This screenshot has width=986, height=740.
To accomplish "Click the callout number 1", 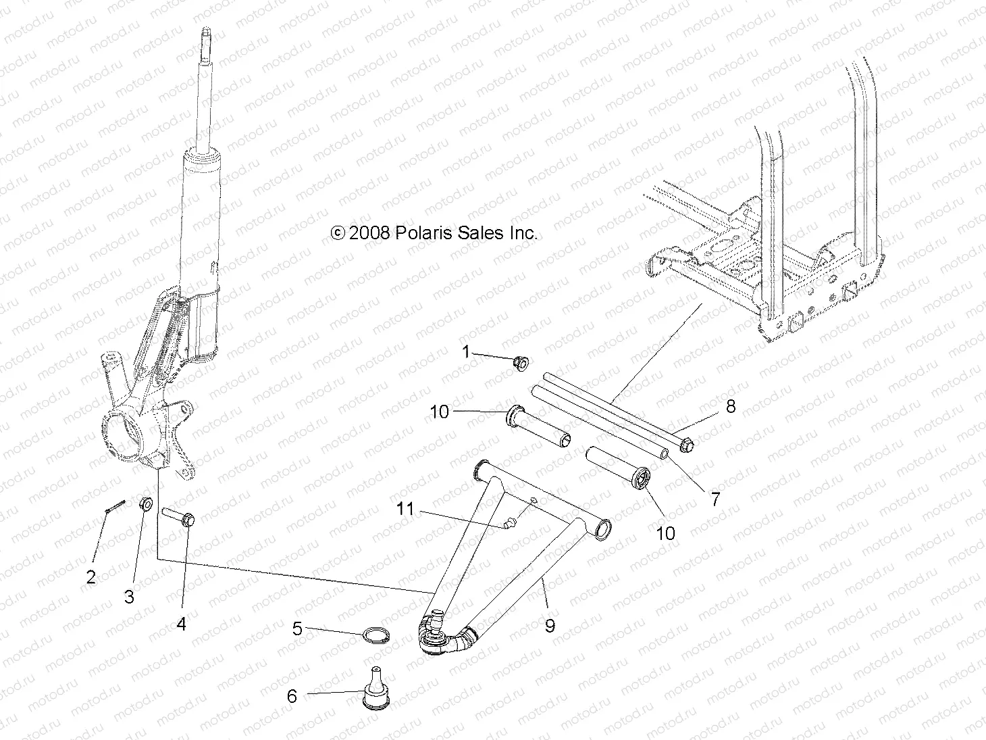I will (x=465, y=351).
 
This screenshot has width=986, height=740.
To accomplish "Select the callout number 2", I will (x=90, y=577).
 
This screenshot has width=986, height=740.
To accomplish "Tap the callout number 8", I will (x=730, y=406).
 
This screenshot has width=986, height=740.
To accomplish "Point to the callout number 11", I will (x=405, y=508).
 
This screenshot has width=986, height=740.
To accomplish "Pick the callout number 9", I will (x=550, y=626).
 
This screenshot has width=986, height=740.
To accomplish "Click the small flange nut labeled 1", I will (x=521, y=363).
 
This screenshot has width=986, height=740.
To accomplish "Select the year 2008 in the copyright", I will (x=370, y=233).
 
